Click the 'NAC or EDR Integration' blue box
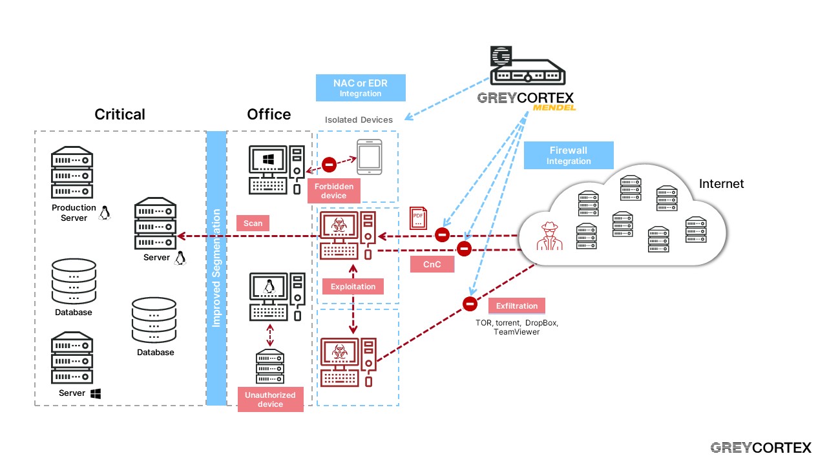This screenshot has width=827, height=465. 361,88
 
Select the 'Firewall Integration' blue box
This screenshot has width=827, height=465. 568,156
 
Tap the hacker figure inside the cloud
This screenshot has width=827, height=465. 545,236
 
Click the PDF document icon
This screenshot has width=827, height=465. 418,218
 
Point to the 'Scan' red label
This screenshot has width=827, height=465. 253,223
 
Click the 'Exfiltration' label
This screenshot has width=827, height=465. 517,305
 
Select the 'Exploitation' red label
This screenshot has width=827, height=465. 353,286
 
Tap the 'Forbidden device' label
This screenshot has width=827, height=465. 335,191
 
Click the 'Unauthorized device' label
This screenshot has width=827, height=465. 270,399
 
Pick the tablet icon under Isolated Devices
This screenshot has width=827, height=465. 370,157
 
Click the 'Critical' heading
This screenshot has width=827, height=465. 120,114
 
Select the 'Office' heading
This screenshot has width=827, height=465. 269,114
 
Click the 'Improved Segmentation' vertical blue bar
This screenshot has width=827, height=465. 216,268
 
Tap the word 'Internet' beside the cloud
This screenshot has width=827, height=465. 721,184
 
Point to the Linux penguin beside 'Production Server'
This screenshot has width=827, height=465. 104,212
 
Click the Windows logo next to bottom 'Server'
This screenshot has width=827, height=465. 96,393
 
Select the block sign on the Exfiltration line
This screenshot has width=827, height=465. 470,303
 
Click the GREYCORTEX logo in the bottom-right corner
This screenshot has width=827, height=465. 760,448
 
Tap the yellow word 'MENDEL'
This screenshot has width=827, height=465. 554,107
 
